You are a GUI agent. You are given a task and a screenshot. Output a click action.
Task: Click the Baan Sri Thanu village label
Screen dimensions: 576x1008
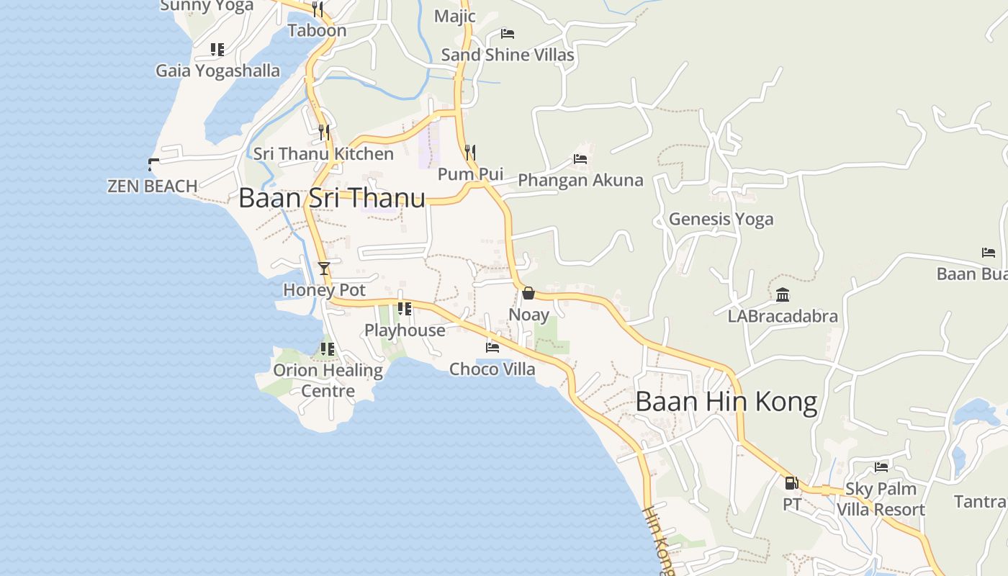pos(332,198)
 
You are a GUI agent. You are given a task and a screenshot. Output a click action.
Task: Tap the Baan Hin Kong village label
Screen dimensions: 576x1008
pos(726,402)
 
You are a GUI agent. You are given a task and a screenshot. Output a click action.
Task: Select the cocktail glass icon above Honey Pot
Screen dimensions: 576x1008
pos(324,269)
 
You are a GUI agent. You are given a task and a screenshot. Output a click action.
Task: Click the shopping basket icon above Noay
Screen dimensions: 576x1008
pos(528,293)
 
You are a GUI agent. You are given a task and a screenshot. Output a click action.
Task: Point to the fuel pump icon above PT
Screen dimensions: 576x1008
pos(791,483)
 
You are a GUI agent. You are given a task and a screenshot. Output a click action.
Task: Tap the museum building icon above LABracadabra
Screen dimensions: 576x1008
pos(783,294)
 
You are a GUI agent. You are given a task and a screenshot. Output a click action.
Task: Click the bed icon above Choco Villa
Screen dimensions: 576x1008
pos(492,347)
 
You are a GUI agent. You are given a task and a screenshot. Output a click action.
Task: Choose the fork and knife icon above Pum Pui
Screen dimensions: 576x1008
pos(470,152)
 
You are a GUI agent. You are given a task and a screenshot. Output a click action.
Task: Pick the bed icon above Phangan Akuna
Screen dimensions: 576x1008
pos(580,158)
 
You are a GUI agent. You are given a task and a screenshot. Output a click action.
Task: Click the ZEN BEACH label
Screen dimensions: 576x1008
pos(153,186)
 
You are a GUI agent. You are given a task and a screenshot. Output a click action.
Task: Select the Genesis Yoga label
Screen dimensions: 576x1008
pos(721,219)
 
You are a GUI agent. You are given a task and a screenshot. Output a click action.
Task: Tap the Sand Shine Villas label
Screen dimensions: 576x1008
pos(508,55)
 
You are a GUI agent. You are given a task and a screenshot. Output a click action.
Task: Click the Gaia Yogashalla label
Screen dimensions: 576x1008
pos(218,71)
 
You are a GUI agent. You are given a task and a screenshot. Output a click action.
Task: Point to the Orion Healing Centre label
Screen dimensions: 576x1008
pos(328,380)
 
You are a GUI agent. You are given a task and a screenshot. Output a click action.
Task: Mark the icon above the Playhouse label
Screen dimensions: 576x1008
pos(405,309)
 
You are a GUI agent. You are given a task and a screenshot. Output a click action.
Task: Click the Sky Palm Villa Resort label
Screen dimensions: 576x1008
pos(881,499)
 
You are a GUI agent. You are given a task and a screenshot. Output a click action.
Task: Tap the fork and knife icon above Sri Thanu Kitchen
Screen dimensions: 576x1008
pos(324,132)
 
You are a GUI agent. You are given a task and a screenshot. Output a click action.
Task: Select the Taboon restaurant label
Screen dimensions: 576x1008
pos(317,30)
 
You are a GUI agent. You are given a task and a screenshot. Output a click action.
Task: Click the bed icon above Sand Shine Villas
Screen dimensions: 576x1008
pos(508,33)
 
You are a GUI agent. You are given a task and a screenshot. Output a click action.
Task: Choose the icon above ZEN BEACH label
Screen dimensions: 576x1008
pos(153,164)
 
